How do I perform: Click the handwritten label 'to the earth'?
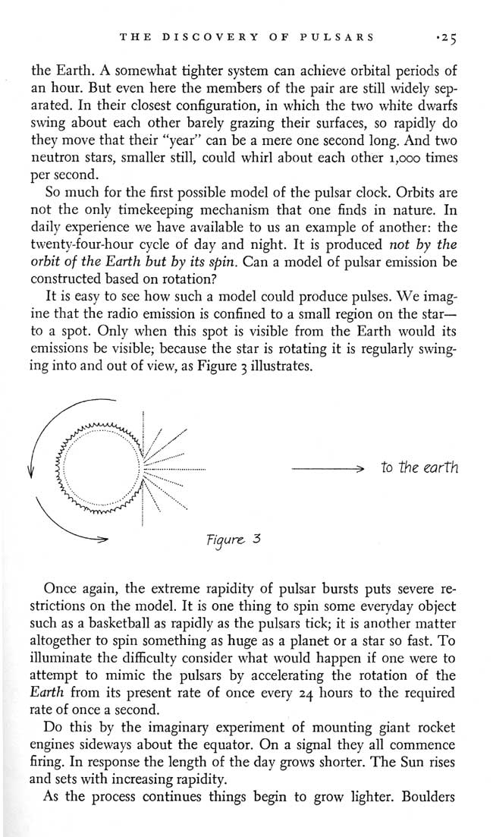click(x=420, y=468)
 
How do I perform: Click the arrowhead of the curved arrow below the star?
click(x=99, y=540)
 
